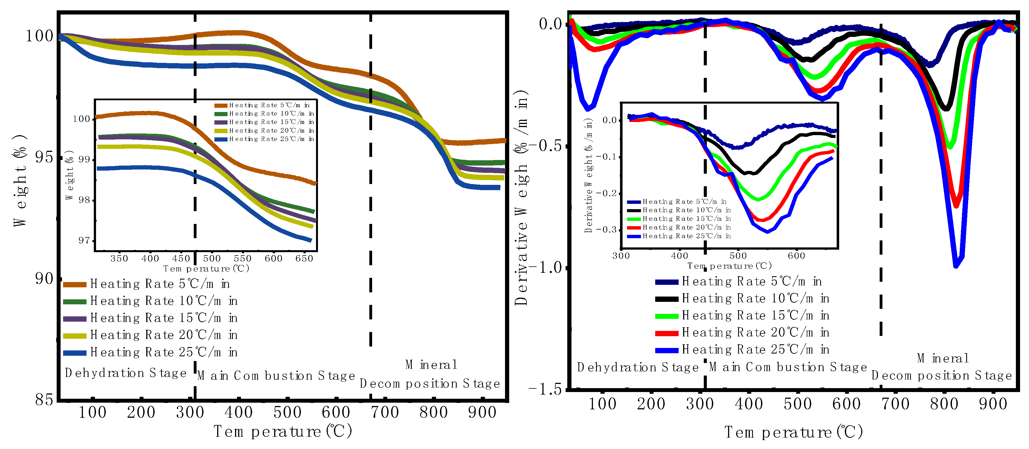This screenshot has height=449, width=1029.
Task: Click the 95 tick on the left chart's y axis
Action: (x=44, y=157)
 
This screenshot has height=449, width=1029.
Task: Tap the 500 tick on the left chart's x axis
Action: (x=287, y=412)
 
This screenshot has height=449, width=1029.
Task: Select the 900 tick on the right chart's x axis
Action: (x=993, y=404)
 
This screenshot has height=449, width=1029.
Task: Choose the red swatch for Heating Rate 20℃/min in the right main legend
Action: (x=666, y=333)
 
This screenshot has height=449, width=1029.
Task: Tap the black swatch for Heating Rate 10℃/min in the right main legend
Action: (x=666, y=299)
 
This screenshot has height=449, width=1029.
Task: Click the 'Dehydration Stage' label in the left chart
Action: (x=125, y=373)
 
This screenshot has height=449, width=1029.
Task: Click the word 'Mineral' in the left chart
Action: (x=431, y=365)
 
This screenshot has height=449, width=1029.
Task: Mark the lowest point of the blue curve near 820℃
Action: (x=956, y=266)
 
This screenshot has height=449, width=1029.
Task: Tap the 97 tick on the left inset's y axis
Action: (x=84, y=240)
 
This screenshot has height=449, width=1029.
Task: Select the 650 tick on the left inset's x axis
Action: (x=304, y=259)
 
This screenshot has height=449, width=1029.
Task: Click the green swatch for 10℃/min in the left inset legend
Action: (x=221, y=114)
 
